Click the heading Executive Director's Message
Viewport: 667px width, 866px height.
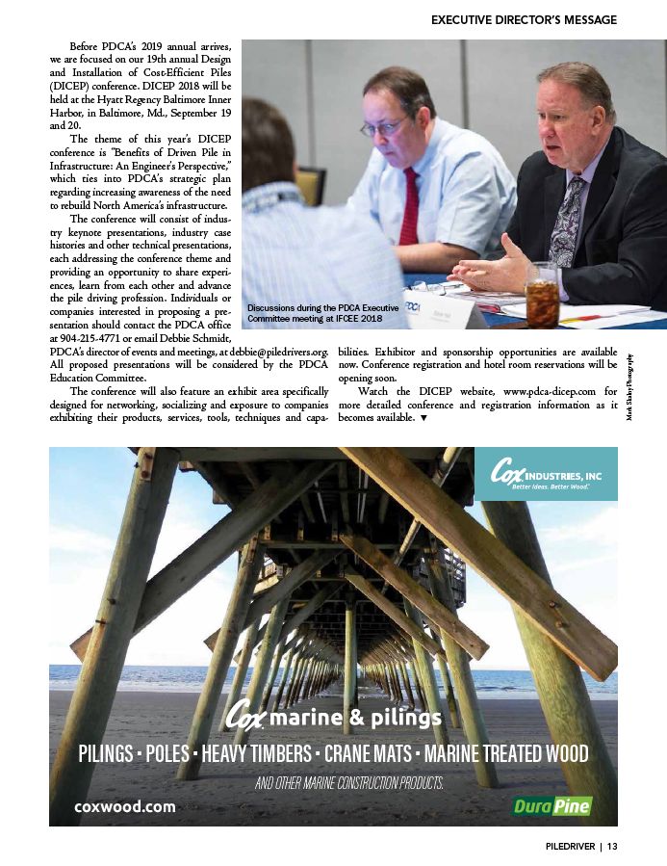524,19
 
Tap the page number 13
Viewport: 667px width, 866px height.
611,847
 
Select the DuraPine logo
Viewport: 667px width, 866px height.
552,805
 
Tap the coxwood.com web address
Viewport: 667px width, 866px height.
125,806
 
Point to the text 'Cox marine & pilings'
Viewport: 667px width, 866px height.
333,718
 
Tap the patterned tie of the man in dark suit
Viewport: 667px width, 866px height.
566,220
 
